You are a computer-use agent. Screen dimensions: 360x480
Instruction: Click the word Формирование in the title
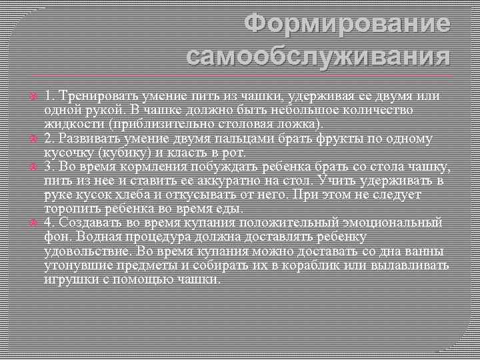(x=347, y=24)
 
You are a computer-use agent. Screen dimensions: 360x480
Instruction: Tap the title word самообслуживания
(x=319, y=57)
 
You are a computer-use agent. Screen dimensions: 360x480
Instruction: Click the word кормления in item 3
(x=146, y=166)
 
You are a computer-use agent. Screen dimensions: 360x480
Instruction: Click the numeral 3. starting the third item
(x=49, y=166)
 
